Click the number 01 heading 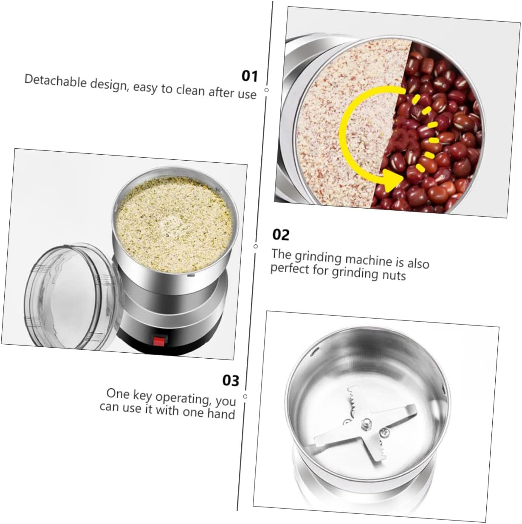tap(250, 76)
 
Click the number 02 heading tap(280, 235)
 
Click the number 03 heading tap(231, 380)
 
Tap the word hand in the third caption tap(221, 414)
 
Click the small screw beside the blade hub tap(384, 432)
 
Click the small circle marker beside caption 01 tap(267, 90)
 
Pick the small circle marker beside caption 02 tap(256, 246)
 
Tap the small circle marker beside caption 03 tap(245, 396)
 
